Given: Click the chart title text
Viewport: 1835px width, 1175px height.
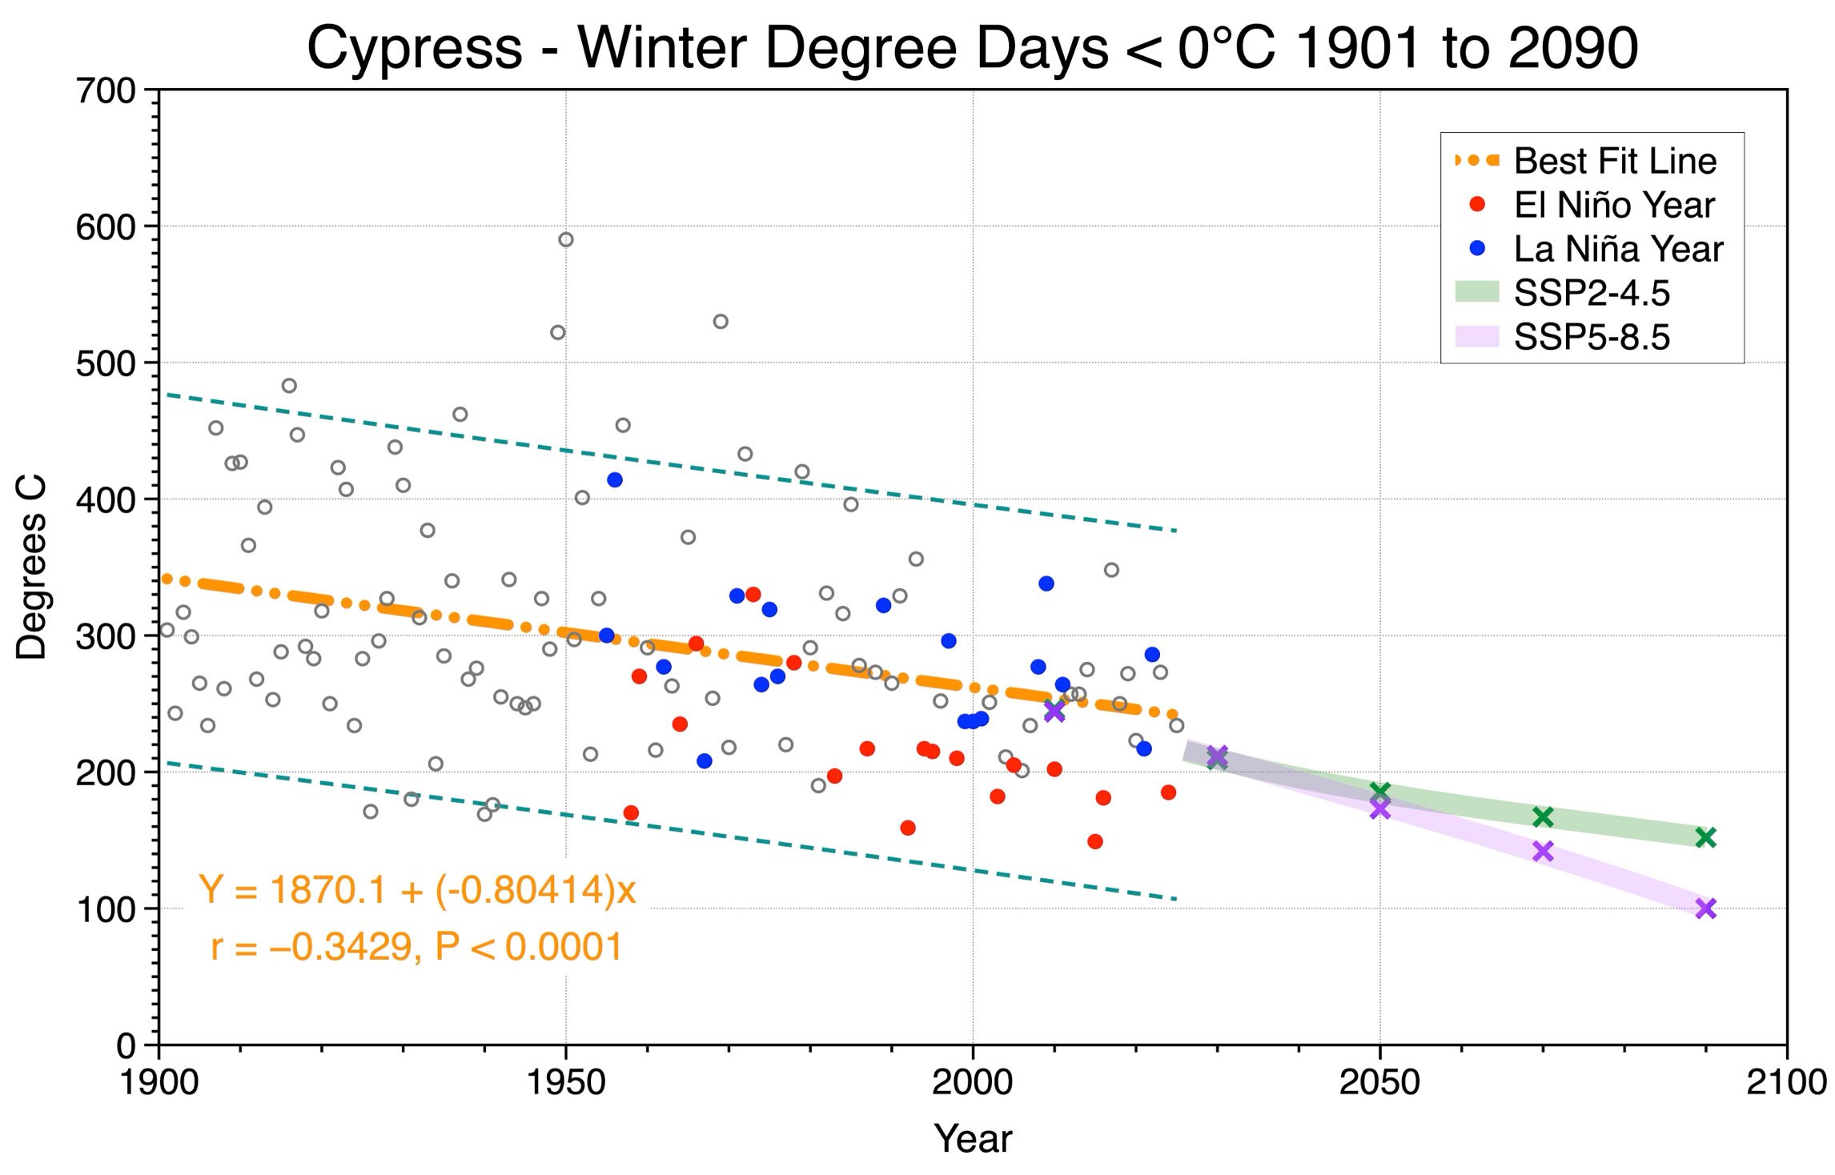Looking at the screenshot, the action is (x=973, y=48).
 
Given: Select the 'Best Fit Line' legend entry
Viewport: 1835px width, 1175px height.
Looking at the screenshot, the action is (x=1585, y=161).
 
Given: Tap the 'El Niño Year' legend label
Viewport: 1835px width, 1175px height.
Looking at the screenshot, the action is (x=1614, y=206).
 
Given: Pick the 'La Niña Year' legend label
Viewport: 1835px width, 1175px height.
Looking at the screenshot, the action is (x=1618, y=249).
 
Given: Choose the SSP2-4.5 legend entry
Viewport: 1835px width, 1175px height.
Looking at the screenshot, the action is (x=1562, y=293).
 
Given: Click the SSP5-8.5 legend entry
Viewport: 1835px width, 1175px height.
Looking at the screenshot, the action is (x=1562, y=337).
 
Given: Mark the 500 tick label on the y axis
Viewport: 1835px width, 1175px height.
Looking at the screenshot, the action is (x=106, y=363).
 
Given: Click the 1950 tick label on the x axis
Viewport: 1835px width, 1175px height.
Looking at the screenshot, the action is (x=566, y=1083).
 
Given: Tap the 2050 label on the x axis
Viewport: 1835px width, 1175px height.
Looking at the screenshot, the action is (x=1379, y=1083).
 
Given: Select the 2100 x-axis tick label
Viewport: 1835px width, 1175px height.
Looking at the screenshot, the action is (x=1786, y=1083).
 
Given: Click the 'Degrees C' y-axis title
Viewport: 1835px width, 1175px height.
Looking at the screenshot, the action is (x=32, y=567).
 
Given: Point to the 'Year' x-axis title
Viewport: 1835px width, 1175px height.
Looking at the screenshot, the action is (x=973, y=1138).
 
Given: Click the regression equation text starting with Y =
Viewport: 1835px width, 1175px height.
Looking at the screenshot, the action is (x=417, y=889).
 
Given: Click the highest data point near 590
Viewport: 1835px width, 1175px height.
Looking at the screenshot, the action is (x=566, y=240).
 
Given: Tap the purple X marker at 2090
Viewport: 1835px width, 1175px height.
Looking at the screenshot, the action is (x=1705, y=908).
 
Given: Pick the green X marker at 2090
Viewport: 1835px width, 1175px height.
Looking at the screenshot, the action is (x=1705, y=837).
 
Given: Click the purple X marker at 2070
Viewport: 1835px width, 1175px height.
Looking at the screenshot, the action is (x=1543, y=851).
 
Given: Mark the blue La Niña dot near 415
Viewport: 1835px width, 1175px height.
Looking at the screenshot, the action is (x=615, y=480).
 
